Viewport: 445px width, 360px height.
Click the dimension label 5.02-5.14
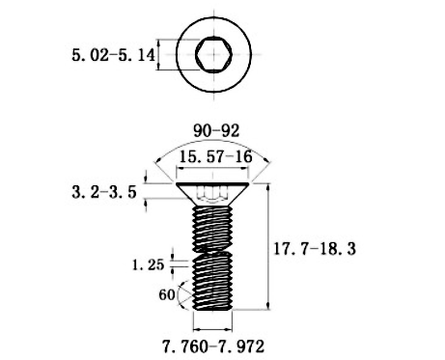coord(113,55)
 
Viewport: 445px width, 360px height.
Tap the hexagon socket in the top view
coord(213,54)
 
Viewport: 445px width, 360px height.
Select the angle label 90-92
coord(216,131)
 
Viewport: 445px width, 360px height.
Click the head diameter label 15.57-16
coord(215,157)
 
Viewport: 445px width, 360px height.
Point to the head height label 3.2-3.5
coord(104,192)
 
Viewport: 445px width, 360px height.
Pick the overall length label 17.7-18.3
coord(315,249)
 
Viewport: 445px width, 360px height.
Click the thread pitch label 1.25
coord(149,264)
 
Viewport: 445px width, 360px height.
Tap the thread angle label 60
coord(167,294)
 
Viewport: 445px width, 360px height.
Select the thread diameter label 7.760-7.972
coord(213,346)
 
